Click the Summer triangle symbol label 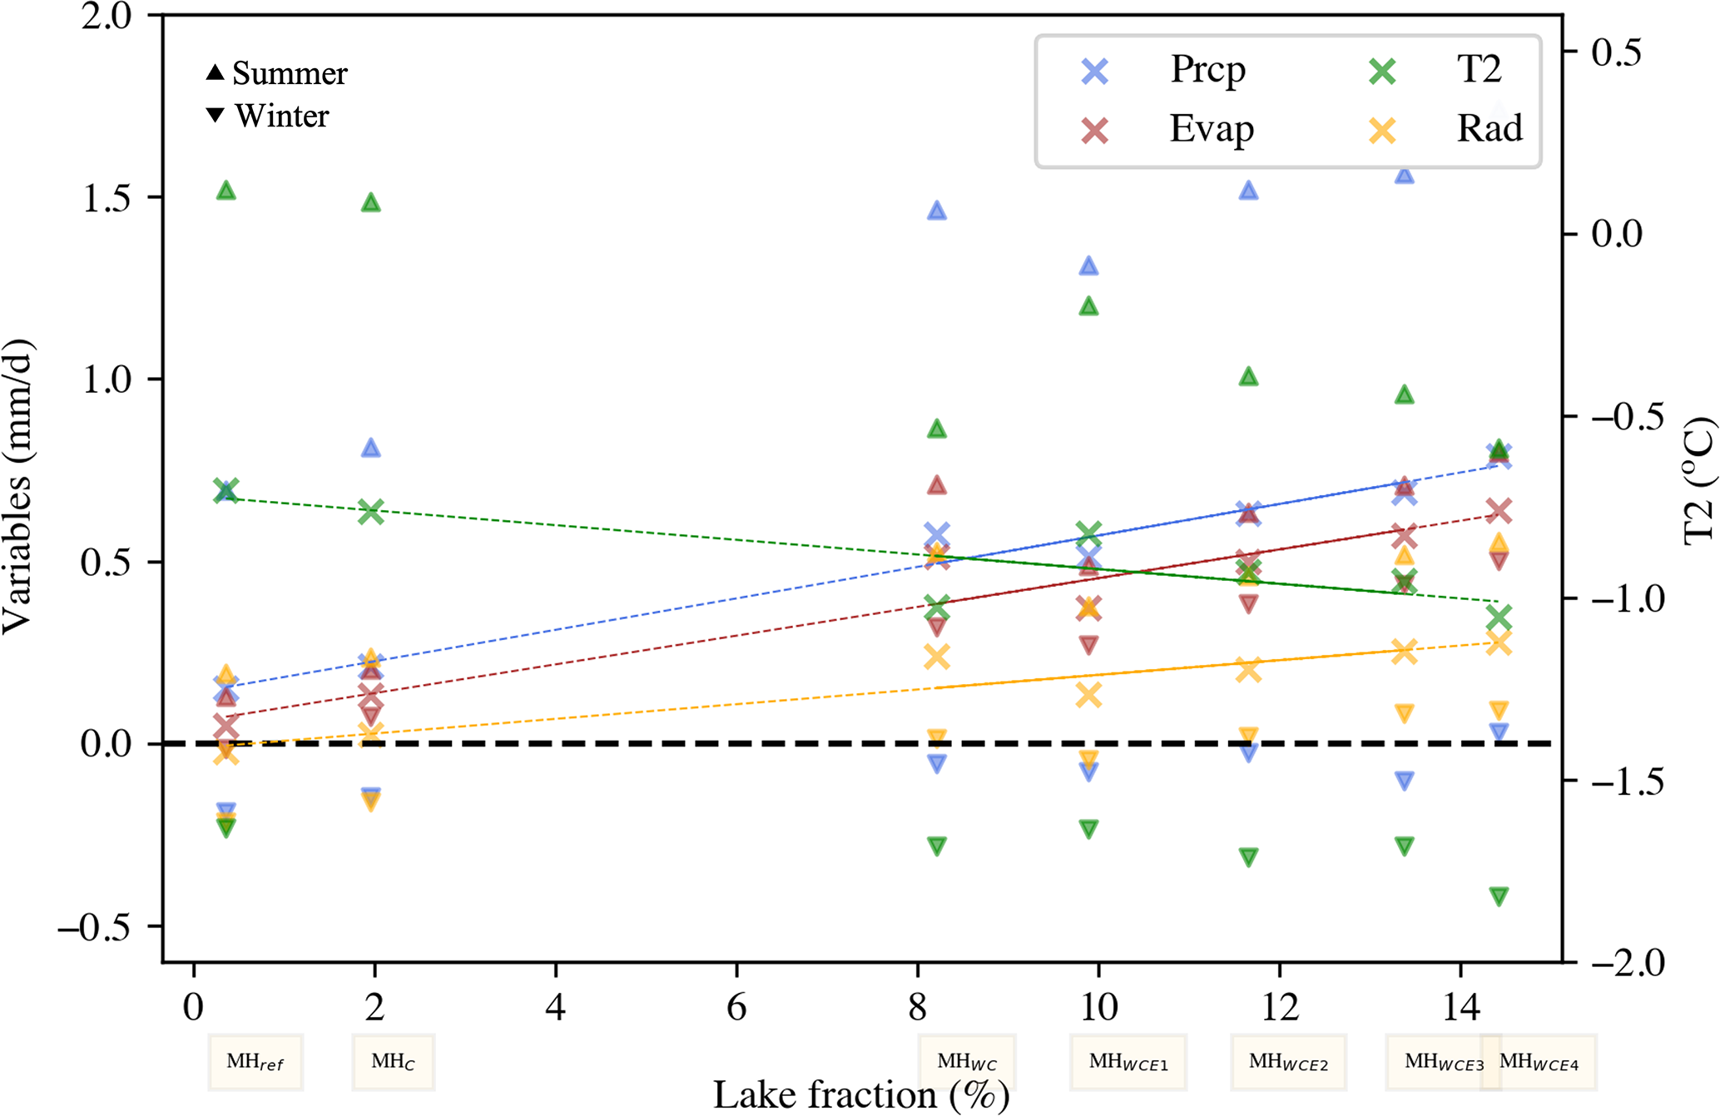(277, 73)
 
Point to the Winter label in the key (269, 116)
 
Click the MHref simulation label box (255, 1062)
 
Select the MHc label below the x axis (393, 1062)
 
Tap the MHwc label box (966, 1062)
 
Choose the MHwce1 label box (1128, 1062)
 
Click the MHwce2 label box (1288, 1062)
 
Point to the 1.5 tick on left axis (107, 198)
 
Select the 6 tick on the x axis (736, 1008)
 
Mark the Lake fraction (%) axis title (860, 1095)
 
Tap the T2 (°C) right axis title (1698, 483)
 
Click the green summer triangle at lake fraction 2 (371, 203)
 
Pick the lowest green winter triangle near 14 (1499, 896)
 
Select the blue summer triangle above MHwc (937, 211)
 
